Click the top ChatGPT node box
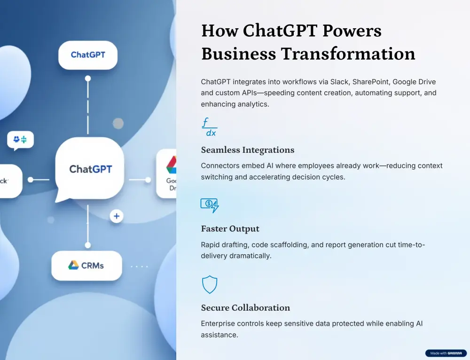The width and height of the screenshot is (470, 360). pos(88,55)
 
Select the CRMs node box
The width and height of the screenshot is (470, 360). pos(86,266)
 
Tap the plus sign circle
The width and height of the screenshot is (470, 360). pos(116,216)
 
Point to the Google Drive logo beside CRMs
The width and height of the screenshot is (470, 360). pos(73,266)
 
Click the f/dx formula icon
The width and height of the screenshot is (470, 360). pos(209,127)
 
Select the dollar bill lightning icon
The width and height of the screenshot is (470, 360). pos(209,205)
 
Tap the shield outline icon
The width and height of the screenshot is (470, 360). pos(209,284)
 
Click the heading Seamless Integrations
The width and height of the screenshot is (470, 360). pos(248,150)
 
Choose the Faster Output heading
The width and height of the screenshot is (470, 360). pos(230,229)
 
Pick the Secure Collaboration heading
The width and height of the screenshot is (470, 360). pos(245,308)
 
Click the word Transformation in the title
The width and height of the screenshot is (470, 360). pos(348,54)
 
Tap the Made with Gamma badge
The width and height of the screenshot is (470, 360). pos(446,353)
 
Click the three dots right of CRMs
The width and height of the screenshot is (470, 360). pos(139,266)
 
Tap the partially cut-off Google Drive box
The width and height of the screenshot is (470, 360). pos(167,174)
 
